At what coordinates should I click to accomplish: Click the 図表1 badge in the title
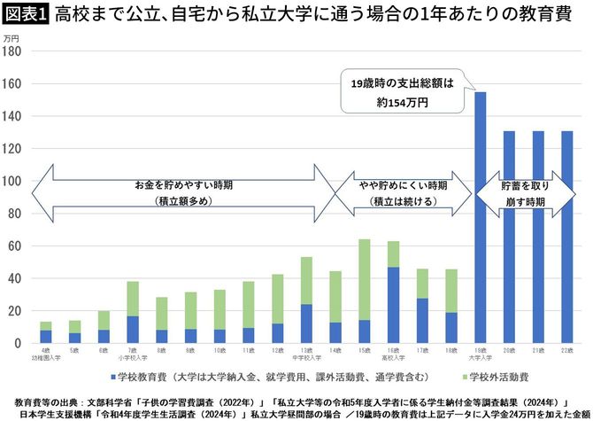click(27, 15)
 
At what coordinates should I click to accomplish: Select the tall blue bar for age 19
click(480, 217)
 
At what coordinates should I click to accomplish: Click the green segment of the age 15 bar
click(364, 279)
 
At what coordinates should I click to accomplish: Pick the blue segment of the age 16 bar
click(392, 305)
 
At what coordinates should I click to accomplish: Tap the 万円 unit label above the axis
click(12, 39)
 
